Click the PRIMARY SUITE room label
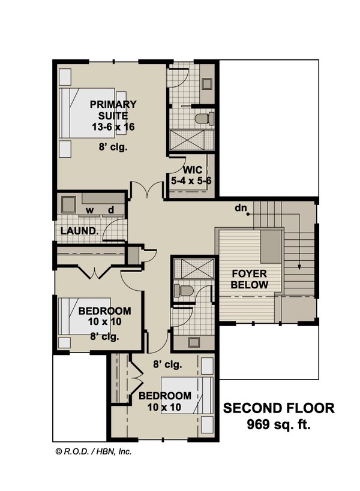[x=113, y=110]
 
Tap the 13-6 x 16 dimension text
[x=113, y=126]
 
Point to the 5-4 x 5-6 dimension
[x=192, y=179]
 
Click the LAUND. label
[x=79, y=231]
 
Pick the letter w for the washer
[x=89, y=210]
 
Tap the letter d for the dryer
[x=111, y=210]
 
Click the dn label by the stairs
[x=242, y=209]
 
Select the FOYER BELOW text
[x=250, y=279]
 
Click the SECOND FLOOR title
[x=279, y=409]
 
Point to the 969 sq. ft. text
[x=279, y=426]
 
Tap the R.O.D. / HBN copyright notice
[x=93, y=451]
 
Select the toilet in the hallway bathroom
[x=182, y=291]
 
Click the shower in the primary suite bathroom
[x=189, y=141]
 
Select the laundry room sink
[x=68, y=204]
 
